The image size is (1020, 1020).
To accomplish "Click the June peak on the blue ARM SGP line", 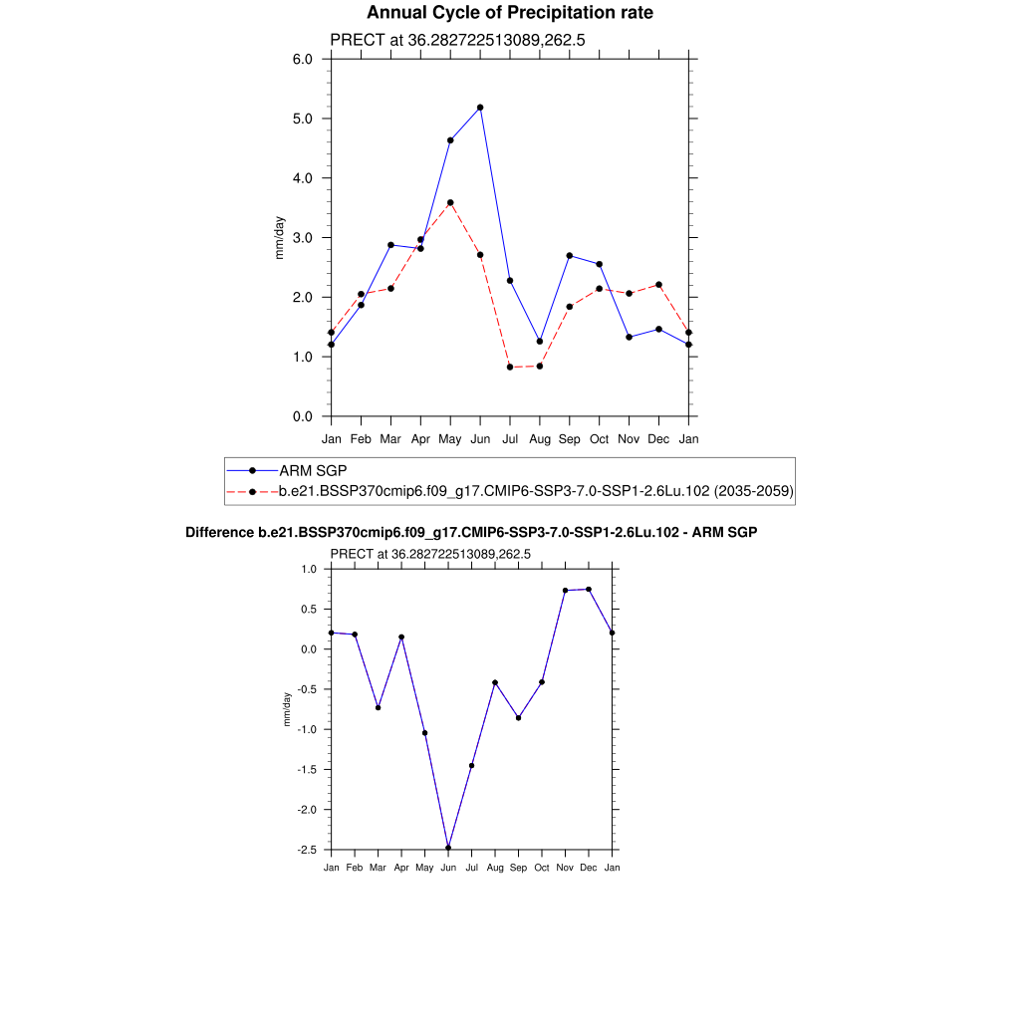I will point(480,108).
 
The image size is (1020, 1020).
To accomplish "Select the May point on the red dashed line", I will point(450,203).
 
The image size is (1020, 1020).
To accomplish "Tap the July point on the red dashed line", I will point(510,368).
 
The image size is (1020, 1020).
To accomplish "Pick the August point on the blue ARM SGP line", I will point(540,342).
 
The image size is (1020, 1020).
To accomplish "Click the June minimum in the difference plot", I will point(448,848).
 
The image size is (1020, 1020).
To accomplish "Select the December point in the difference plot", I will point(589,589).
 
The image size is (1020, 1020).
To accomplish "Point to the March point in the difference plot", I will point(379,707).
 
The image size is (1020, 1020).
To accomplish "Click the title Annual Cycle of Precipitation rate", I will point(510,13).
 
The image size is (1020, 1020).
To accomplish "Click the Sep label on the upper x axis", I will point(570,438).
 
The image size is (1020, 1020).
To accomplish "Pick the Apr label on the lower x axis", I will point(401,868).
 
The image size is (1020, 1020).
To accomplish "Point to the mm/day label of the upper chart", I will point(280,238).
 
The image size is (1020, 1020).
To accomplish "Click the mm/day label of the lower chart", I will point(287,708).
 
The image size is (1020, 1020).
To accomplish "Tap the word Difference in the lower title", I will point(213,533).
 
